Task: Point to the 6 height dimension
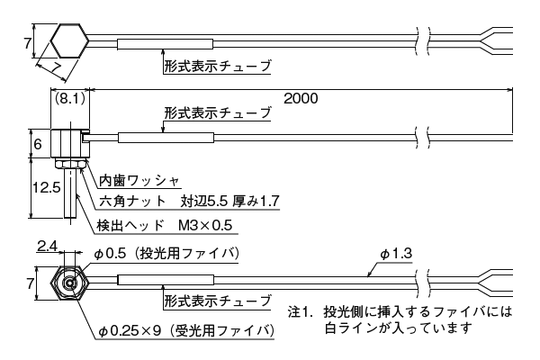click(38, 143)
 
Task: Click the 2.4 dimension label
click(49, 246)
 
